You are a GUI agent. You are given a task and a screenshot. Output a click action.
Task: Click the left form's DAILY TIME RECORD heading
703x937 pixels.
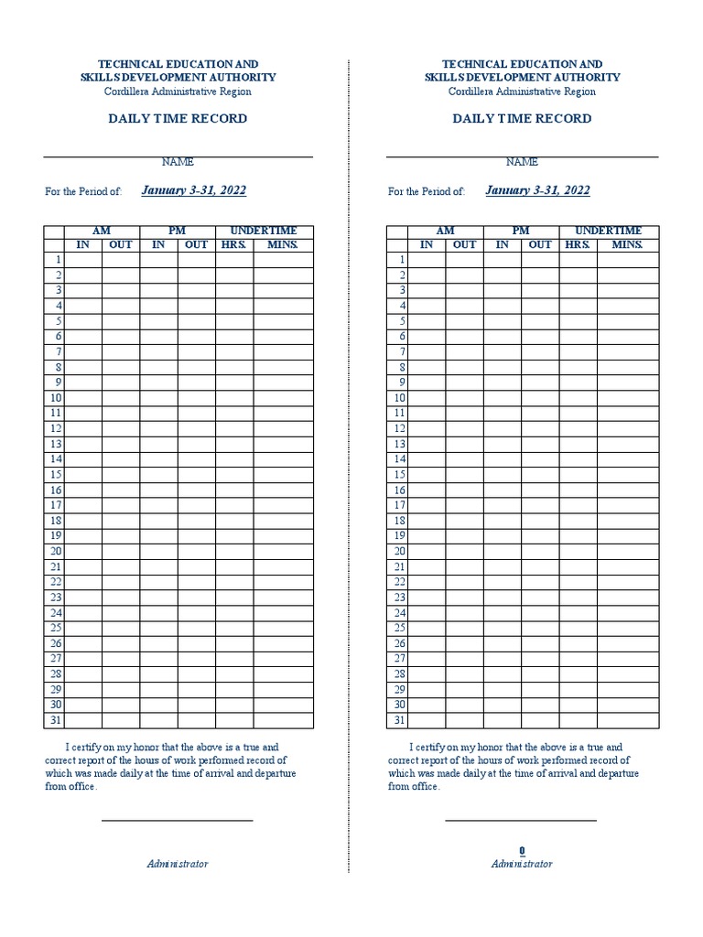(x=178, y=119)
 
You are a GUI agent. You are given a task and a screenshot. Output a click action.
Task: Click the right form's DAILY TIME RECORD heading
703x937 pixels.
(x=522, y=119)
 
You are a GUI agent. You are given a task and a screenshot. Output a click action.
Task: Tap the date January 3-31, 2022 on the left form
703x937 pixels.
(x=194, y=190)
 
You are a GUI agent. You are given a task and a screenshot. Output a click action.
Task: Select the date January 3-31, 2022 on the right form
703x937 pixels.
(x=537, y=190)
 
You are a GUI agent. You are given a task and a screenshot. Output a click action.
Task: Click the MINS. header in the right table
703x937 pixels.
(x=627, y=244)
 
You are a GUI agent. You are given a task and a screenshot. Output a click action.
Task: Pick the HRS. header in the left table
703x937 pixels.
(x=234, y=244)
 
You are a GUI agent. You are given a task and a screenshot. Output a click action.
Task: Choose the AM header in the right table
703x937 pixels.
(x=445, y=231)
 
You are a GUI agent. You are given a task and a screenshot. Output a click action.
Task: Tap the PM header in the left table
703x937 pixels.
(x=177, y=231)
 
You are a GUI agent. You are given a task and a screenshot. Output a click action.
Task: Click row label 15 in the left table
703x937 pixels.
(x=56, y=474)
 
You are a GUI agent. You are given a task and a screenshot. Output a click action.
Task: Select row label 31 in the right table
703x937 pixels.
(x=399, y=720)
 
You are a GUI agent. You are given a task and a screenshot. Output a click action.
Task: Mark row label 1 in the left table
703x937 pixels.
(x=58, y=260)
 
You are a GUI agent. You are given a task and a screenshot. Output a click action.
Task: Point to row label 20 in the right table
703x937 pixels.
(x=399, y=551)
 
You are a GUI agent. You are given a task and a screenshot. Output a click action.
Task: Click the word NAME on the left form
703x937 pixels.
(x=178, y=162)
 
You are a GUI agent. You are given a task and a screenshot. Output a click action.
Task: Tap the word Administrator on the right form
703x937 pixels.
(x=522, y=864)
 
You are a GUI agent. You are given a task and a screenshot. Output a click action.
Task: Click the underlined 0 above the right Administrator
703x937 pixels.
(x=522, y=851)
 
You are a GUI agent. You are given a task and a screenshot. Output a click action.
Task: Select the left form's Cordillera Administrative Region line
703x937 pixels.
(x=178, y=92)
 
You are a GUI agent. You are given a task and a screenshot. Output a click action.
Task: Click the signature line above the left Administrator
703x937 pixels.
(x=177, y=821)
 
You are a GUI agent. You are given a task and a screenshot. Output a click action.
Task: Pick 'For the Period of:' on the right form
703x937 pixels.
(x=427, y=192)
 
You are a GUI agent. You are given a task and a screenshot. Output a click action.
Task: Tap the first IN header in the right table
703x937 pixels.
(x=427, y=244)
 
